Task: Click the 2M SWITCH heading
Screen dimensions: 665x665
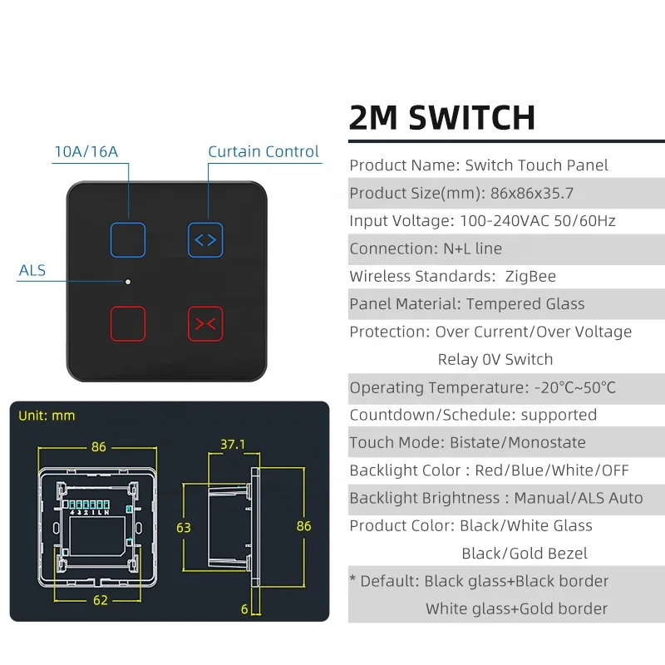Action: point(442,117)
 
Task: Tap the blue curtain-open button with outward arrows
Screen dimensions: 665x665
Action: point(204,239)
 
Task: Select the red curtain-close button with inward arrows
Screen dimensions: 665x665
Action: point(204,324)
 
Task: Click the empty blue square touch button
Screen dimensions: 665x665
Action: point(128,239)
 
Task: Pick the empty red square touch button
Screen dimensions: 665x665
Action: point(128,324)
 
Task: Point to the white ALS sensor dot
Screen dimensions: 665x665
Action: point(128,282)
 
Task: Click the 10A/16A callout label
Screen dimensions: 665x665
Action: point(86,151)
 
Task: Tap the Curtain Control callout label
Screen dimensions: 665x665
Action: point(264,151)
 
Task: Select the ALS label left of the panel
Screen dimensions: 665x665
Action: point(32,271)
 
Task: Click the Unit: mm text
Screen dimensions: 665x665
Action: point(47,416)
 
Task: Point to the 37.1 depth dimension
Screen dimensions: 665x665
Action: point(233,445)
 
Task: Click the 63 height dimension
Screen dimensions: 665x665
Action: point(184,526)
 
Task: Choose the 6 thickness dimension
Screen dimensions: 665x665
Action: point(244,609)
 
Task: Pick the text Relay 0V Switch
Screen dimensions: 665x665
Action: point(495,359)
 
